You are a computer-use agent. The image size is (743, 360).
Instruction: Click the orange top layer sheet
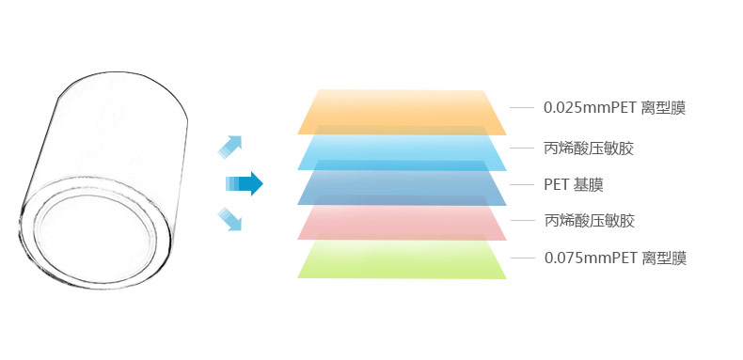pos(402,112)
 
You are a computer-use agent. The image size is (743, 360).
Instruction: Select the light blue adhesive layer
pos(402,148)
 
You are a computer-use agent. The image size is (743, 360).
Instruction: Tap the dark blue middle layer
pos(402,183)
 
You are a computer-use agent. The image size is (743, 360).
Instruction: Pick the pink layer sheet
pos(402,218)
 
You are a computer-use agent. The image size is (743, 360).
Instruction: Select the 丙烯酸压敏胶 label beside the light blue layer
pos(589,149)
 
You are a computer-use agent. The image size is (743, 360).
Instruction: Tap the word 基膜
pos(588,185)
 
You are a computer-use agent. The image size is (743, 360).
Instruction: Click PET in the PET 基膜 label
pos(556,185)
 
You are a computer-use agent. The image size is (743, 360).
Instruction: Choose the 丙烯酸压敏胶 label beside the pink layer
pos(589,221)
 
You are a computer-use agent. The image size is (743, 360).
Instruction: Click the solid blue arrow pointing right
pos(244,184)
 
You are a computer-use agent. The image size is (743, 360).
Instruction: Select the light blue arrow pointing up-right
pos(230,146)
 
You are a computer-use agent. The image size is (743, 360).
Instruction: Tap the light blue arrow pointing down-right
pos(230,220)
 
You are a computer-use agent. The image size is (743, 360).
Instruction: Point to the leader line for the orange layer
pos(522,108)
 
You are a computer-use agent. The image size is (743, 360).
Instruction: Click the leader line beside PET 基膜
pos(522,184)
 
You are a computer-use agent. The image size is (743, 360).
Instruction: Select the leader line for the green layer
pos(522,258)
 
